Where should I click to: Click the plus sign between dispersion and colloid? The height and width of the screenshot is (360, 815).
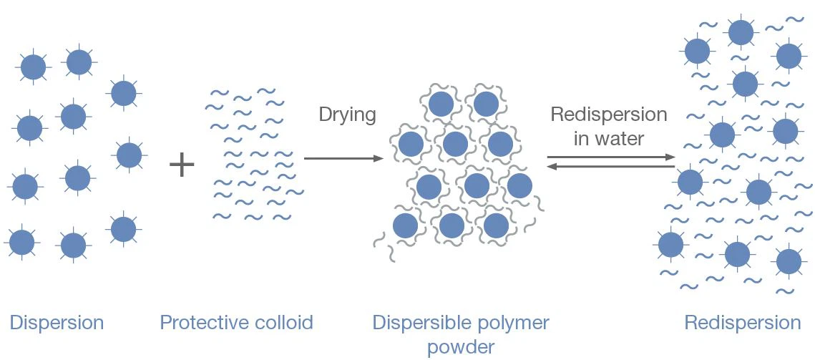[182, 165]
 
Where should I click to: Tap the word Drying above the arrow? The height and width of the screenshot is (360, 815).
[347, 115]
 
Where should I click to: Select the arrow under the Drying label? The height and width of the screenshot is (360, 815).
[343, 158]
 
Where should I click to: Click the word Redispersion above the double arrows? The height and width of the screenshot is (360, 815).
[608, 115]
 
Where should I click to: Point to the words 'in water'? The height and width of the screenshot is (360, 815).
[609, 138]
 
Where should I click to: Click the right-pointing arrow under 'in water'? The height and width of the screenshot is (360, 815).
[611, 157]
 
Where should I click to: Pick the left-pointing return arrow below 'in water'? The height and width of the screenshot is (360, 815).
[611, 167]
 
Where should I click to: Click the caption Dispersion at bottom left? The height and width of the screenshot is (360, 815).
[57, 323]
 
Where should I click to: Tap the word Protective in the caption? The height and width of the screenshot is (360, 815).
[195, 323]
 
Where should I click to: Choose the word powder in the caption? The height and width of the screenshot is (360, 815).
[461, 348]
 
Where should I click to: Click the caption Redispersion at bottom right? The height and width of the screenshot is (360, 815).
[742, 323]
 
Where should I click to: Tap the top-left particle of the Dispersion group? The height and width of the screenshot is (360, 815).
[33, 67]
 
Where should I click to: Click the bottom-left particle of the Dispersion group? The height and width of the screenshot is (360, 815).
[21, 242]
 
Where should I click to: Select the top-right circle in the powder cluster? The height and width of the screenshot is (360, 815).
[486, 104]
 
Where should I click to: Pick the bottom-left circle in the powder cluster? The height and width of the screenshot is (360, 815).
[405, 225]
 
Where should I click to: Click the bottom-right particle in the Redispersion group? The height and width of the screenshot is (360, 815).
[789, 261]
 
